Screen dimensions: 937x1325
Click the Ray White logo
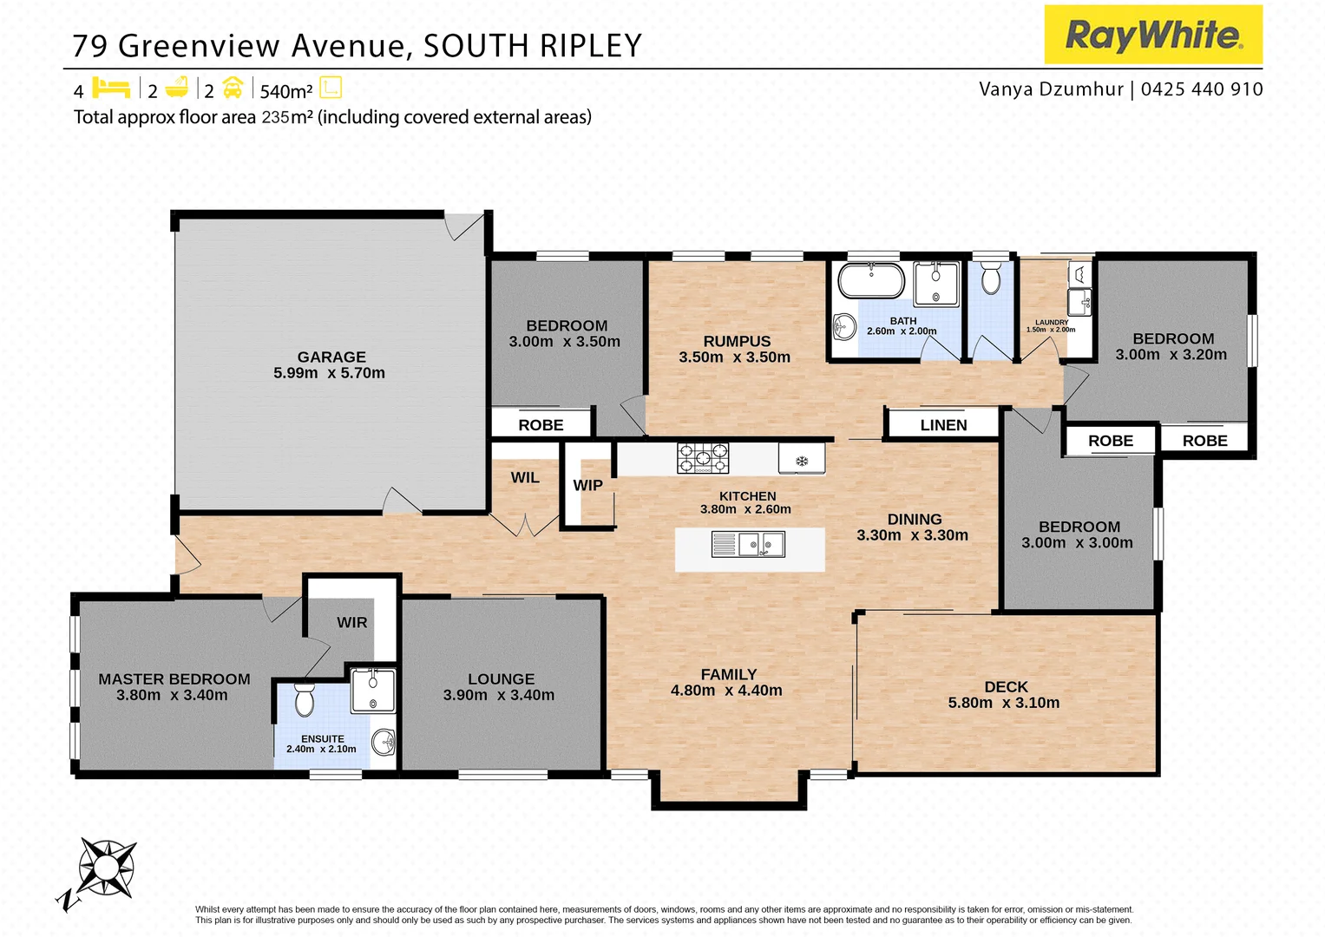(x=1152, y=35)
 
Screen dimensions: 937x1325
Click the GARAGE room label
(x=331, y=357)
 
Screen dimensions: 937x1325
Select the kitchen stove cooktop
(x=703, y=457)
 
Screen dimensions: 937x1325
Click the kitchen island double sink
(x=748, y=545)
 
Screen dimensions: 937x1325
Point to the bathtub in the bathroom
(x=870, y=281)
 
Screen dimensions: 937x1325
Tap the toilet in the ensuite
(x=304, y=699)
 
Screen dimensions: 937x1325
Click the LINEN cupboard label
(x=943, y=425)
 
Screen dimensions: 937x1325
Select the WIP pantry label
(x=587, y=485)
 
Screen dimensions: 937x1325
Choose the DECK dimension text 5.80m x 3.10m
(x=1004, y=703)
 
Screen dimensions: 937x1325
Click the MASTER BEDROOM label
(x=174, y=679)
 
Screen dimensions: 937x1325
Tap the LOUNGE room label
(x=501, y=679)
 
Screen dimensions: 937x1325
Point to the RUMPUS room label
(x=737, y=341)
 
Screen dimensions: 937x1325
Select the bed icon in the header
(x=111, y=88)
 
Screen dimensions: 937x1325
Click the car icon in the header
(x=233, y=88)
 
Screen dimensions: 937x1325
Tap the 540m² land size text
(x=286, y=91)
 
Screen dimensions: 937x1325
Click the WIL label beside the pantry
(x=525, y=477)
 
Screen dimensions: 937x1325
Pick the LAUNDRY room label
(x=1052, y=322)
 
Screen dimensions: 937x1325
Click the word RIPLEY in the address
(x=591, y=46)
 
